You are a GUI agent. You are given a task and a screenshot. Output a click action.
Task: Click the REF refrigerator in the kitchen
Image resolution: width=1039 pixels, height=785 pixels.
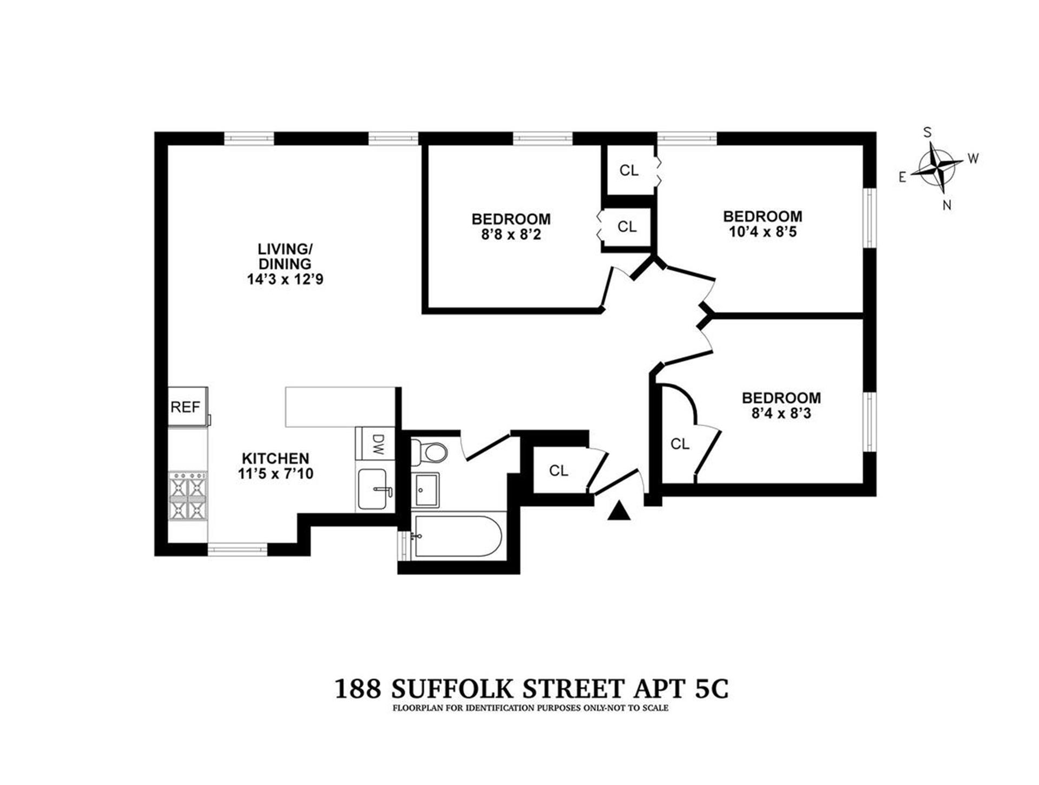[188, 406]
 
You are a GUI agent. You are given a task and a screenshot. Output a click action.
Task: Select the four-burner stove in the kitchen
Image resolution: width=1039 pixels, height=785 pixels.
[188, 496]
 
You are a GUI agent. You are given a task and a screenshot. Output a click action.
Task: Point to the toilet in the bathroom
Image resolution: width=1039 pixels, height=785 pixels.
[429, 452]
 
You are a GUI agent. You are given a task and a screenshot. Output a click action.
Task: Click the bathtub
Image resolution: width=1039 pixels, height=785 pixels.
[458, 536]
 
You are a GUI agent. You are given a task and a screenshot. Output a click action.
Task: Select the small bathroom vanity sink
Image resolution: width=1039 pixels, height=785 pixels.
[426, 490]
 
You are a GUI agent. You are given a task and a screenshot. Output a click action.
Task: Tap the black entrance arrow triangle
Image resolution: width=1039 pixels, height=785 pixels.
[619, 511]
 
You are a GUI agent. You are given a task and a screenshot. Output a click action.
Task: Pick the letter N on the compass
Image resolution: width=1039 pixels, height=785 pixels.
[947, 205]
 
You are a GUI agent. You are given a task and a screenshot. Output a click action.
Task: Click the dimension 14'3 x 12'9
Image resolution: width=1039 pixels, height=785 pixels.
[285, 279]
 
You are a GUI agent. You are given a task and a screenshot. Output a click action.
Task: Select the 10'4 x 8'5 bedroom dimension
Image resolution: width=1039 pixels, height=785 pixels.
[762, 232]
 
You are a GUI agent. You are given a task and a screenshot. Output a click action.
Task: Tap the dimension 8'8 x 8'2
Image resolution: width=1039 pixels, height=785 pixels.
[511, 234]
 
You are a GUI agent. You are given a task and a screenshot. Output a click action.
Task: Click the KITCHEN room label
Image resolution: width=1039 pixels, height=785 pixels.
[275, 458]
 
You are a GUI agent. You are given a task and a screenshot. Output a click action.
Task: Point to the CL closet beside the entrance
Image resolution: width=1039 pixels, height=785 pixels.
[558, 470]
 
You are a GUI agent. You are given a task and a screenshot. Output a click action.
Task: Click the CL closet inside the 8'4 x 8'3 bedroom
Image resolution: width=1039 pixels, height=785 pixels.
[680, 444]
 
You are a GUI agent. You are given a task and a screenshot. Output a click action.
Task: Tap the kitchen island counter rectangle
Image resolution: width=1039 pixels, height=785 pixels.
[340, 407]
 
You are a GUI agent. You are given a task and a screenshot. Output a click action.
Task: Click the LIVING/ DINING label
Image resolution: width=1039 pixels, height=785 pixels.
[285, 257]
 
